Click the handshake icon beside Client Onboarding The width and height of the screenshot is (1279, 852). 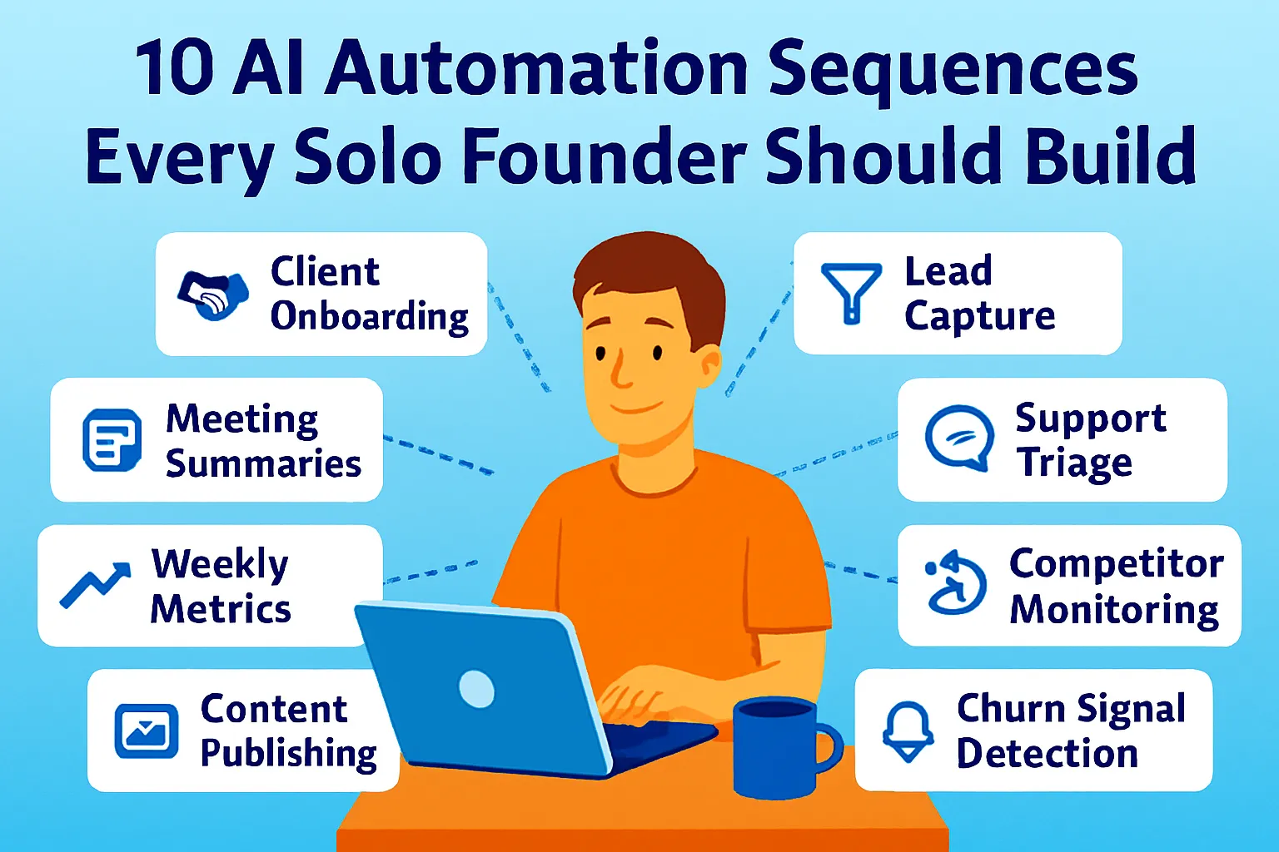[213, 295]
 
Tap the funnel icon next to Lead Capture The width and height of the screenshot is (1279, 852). [850, 292]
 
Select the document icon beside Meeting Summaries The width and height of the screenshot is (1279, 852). [112, 440]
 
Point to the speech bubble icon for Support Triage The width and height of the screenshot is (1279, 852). [959, 438]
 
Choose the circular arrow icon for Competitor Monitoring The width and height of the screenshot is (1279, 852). [956, 583]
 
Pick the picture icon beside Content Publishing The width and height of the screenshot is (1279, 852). [147, 731]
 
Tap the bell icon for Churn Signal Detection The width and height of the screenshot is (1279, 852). [908, 730]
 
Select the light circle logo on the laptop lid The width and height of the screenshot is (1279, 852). [476, 688]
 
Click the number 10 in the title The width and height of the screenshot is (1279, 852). [174, 69]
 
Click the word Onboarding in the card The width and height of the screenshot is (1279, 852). [370, 318]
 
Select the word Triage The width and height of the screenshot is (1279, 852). [1074, 463]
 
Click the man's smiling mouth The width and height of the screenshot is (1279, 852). [637, 408]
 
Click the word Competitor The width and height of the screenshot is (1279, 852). [1116, 565]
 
